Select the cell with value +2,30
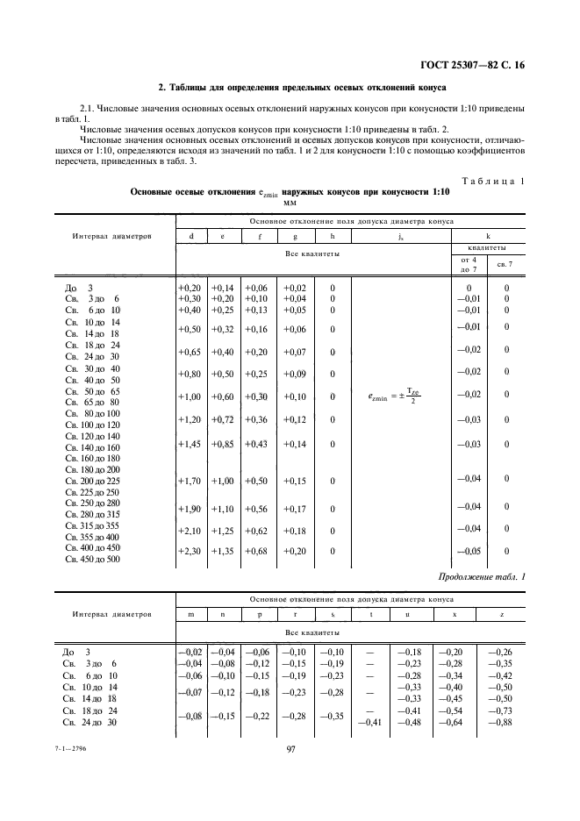tap(189, 551)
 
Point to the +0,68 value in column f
tap(257, 551)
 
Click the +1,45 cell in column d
tap(189, 445)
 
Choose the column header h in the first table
tap(332, 236)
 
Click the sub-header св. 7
tap(505, 264)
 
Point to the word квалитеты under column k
tap(488, 248)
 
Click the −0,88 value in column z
tap(499, 722)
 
